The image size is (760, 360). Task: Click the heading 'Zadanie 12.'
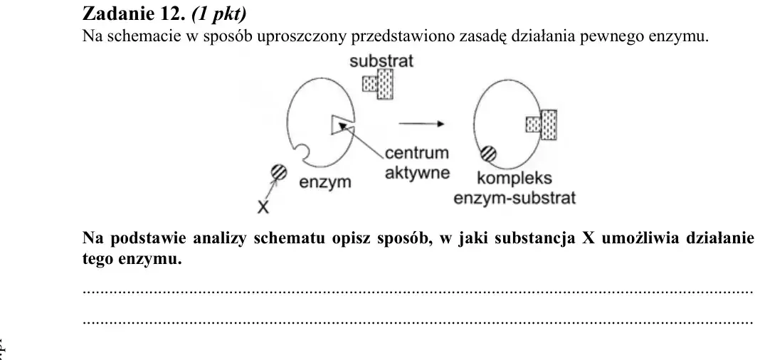pos(134,14)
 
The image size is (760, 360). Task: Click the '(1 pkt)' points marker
pos(219,14)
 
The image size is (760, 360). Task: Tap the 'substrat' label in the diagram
pos(381,61)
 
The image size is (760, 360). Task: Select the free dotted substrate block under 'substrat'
pos(378,84)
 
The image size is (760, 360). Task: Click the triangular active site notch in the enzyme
pos(342,124)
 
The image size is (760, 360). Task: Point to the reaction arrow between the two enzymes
pos(421,124)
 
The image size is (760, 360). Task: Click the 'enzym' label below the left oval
pos(324,183)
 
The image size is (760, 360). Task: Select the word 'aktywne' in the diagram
pos(417,172)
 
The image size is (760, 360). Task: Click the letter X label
pos(263,207)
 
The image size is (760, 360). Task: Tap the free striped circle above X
pos(279,172)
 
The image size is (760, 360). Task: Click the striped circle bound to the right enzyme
pos(489,154)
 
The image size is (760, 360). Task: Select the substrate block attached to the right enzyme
pos(542,125)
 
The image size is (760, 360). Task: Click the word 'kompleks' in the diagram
pos(514,179)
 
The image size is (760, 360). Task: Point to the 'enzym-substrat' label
pos(514,198)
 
